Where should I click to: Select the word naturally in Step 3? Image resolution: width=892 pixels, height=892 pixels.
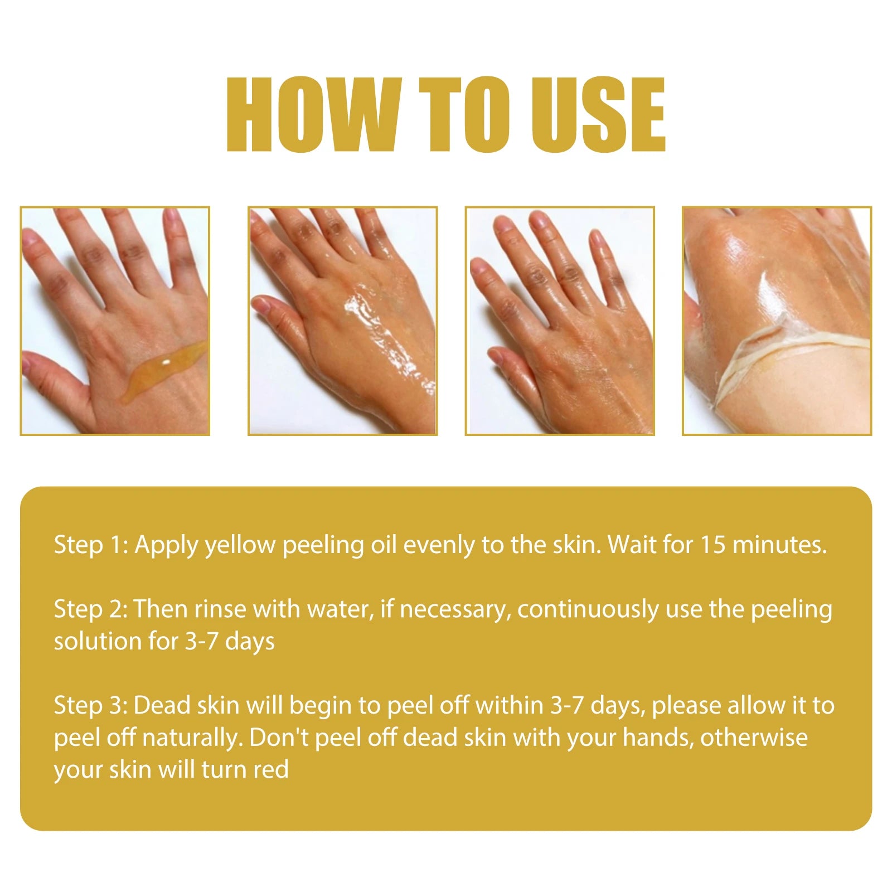[x=192, y=738]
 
